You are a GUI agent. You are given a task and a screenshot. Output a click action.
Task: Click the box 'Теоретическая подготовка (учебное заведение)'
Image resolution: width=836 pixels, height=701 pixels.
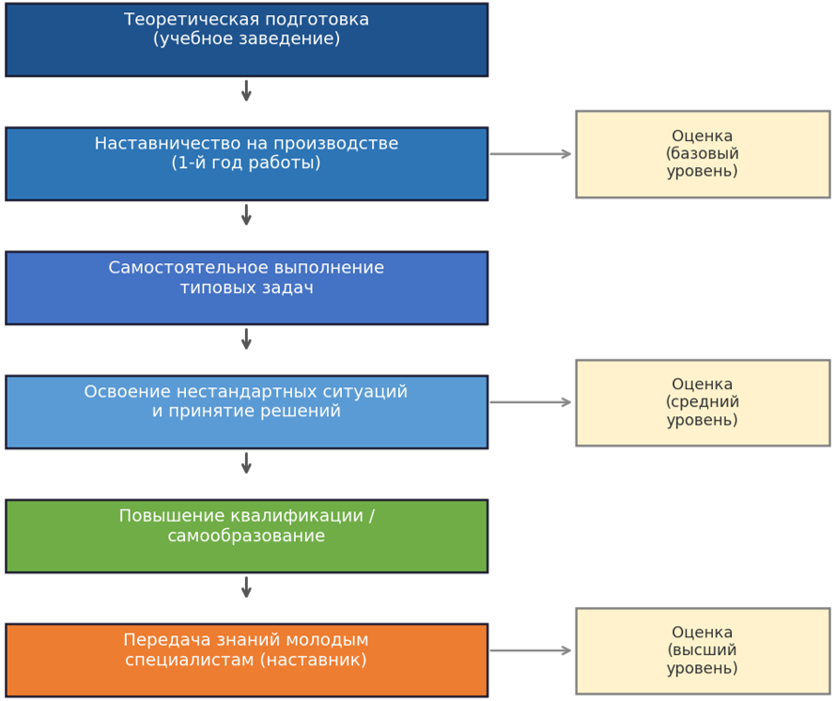pos(246,40)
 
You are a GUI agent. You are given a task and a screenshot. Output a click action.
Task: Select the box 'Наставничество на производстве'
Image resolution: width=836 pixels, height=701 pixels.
pos(246,164)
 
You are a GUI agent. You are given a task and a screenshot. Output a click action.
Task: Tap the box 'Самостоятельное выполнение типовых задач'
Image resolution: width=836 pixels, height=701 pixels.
pos(246,288)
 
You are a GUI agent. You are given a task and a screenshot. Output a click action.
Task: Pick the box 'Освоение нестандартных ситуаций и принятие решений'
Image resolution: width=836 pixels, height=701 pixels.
pos(246,412)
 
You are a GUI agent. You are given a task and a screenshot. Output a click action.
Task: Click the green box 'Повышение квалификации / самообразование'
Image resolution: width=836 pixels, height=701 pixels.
pos(246,537)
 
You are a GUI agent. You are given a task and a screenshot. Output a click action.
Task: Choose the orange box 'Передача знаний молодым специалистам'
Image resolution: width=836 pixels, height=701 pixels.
pos(246,660)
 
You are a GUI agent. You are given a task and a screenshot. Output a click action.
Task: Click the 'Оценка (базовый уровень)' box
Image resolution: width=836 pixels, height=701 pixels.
pos(703,154)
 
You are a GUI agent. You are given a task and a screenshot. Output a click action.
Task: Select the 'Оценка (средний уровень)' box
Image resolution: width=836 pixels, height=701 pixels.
pos(703,403)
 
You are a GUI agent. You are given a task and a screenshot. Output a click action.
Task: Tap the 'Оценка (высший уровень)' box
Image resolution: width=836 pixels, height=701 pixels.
pos(703,651)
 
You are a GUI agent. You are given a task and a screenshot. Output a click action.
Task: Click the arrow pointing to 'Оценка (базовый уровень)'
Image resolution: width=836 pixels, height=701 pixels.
pos(531,154)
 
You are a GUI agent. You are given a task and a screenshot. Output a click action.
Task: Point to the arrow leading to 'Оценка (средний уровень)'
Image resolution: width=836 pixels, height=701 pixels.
pos(531,402)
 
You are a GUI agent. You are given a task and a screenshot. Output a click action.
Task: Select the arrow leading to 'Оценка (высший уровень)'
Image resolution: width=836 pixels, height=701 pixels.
pos(531,650)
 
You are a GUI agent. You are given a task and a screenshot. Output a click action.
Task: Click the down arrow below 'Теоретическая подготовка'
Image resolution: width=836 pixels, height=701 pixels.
pos(246,91)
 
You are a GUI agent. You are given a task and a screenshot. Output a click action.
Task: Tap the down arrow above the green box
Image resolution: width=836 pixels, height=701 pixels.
pos(246,463)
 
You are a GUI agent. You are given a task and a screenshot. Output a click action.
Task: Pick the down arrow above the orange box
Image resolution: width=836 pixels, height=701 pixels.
pos(246,587)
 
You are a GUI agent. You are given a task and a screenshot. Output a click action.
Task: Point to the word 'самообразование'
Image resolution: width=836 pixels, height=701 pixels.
pos(246,535)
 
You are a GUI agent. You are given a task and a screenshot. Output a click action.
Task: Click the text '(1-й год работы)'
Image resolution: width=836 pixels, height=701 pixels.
pos(246,163)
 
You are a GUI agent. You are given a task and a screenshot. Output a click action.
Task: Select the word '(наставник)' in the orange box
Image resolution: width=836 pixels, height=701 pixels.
pos(314,660)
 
